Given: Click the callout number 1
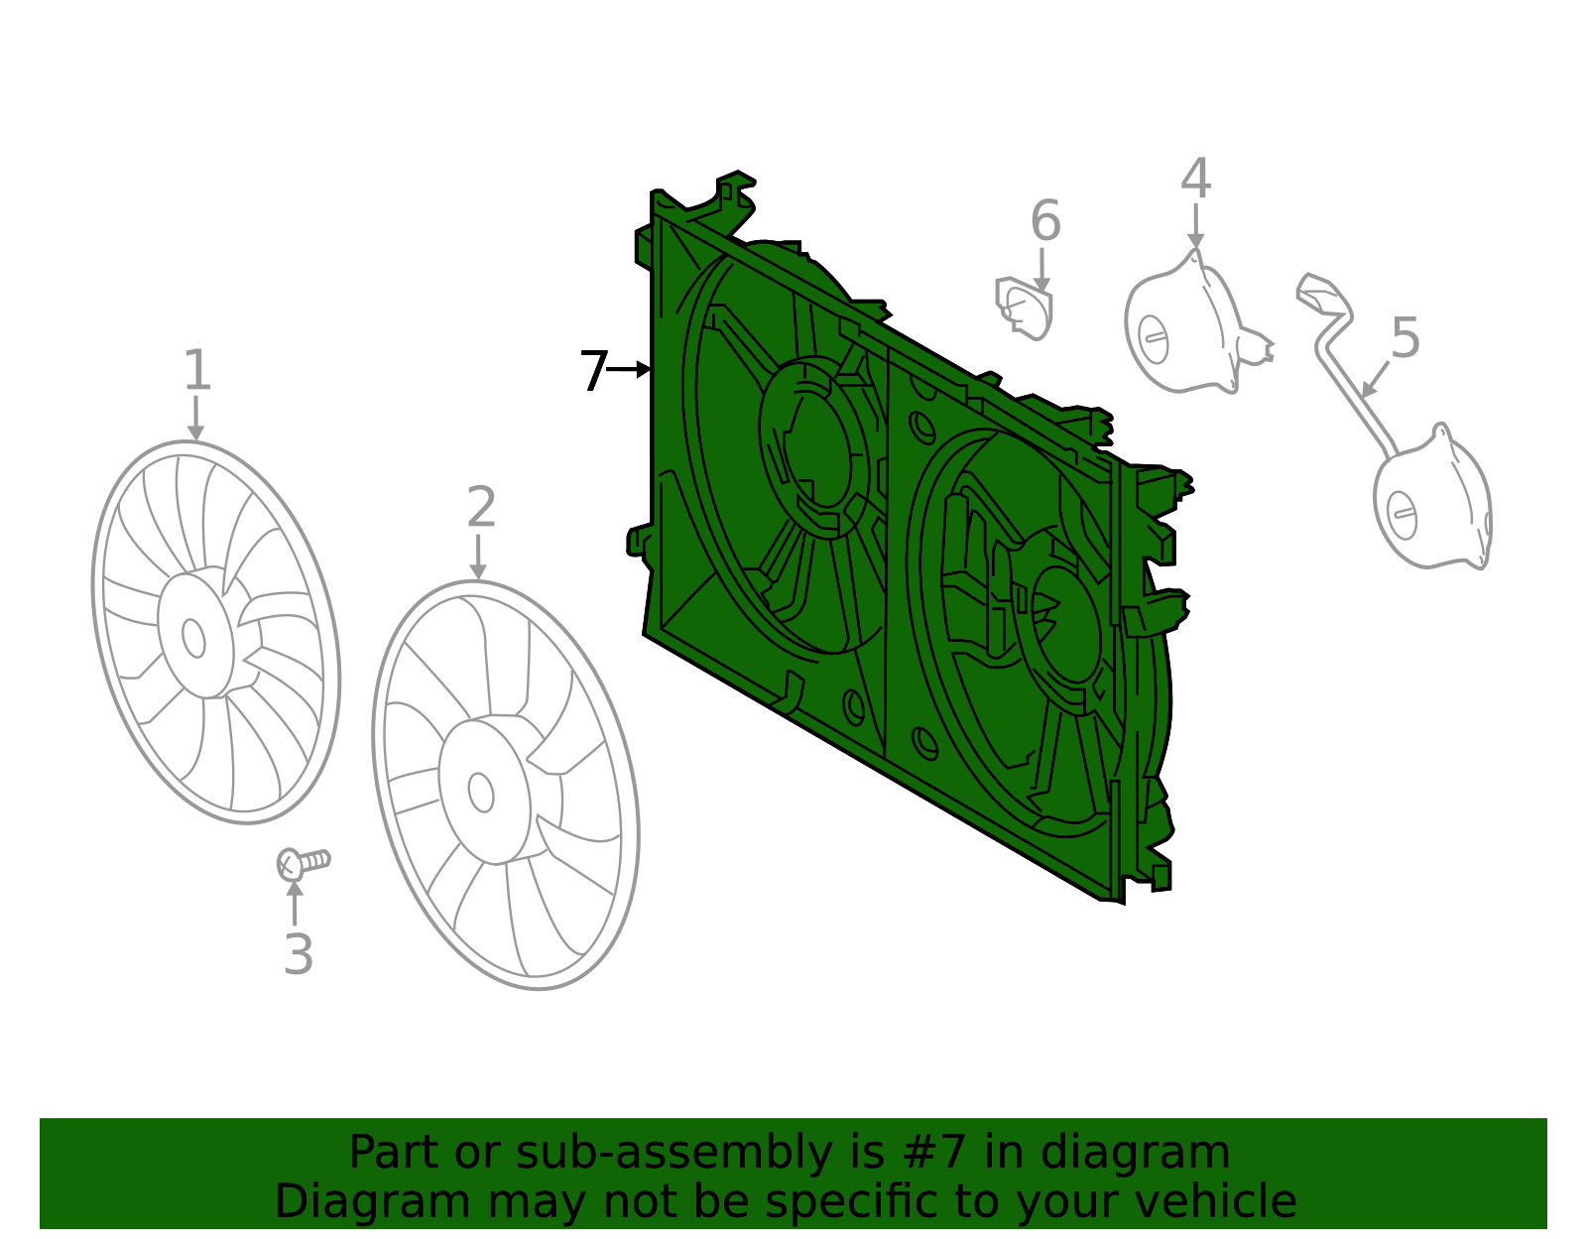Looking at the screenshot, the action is point(197,369).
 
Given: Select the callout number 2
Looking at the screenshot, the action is point(481,507).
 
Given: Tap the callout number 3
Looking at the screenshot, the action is point(299,953).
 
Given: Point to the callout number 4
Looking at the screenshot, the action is point(1196,179).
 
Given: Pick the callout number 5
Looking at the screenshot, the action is point(1405,338).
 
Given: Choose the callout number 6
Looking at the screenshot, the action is point(1045,220).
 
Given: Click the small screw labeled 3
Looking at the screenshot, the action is point(304,864).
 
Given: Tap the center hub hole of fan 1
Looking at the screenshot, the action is point(193,638).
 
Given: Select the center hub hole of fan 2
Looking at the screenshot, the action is point(480,793).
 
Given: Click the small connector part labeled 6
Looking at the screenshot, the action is point(1024,309).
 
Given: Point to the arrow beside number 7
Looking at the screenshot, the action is point(629,369).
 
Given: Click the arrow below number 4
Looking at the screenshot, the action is point(1195,226).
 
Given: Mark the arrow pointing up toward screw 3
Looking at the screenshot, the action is point(295,903).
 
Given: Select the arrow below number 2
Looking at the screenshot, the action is point(478,558).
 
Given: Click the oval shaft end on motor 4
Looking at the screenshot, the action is point(1154,339).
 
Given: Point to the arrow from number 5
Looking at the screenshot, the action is point(1375,380).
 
